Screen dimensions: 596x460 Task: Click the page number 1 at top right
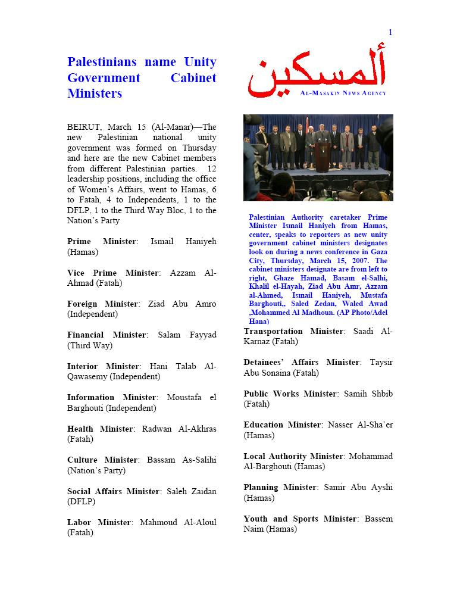point(390,33)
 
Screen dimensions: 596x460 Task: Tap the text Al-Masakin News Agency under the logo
point(343,93)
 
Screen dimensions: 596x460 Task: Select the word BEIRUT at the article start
point(85,127)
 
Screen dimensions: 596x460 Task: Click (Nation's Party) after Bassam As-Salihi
point(96,470)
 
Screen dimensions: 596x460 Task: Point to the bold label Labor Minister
point(99,522)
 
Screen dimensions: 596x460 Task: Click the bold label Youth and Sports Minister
point(300,519)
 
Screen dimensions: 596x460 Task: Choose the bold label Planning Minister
point(280,487)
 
